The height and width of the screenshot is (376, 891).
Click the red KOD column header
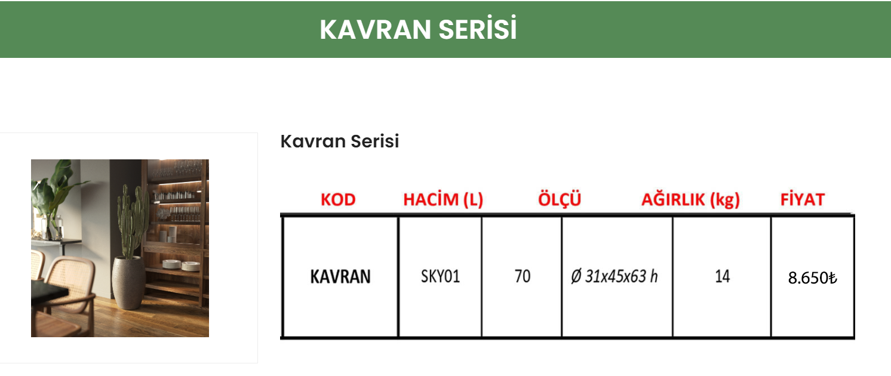[x=338, y=200]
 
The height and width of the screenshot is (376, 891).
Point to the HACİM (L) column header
[x=443, y=200]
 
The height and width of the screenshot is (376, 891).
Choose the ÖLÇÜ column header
[x=560, y=200]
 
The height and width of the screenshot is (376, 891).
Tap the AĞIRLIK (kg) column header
[x=690, y=200]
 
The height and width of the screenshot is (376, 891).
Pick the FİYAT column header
[x=802, y=200]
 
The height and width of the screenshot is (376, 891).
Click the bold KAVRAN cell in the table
[x=340, y=277]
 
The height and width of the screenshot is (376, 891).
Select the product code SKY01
[x=440, y=277]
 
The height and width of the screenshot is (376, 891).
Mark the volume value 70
[x=522, y=277]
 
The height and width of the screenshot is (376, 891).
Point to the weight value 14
[x=722, y=277]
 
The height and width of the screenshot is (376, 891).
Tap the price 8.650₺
[x=812, y=278]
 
